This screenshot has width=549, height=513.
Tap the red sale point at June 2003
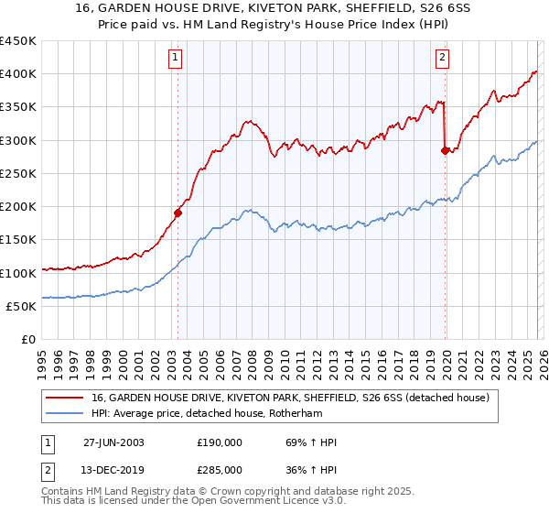pyautogui.click(x=178, y=213)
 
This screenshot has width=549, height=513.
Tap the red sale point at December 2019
pyautogui.click(x=446, y=150)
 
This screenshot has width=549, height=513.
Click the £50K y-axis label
pyautogui.click(x=21, y=306)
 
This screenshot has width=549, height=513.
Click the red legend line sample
pyautogui.click(x=65, y=398)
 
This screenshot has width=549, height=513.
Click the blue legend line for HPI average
pyautogui.click(x=65, y=413)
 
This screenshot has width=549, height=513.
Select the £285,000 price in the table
pyautogui.click(x=220, y=469)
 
